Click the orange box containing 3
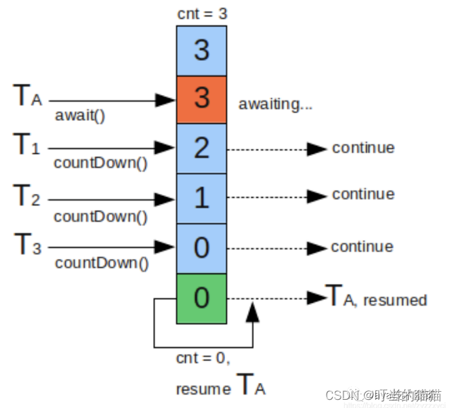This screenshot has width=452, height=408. pyautogui.click(x=201, y=99)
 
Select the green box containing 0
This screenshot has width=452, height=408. pyautogui.click(x=201, y=298)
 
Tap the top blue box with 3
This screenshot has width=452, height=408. pyautogui.click(x=201, y=50)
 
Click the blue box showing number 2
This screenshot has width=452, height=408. pyautogui.click(x=201, y=148)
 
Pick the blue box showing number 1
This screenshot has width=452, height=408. pyautogui.click(x=201, y=199)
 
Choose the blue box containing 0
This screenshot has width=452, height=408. pyautogui.click(x=201, y=248)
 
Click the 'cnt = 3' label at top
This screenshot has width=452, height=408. pyautogui.click(x=201, y=14)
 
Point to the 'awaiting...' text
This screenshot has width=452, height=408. pyautogui.click(x=275, y=104)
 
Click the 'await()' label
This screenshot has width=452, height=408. pyautogui.click(x=80, y=115)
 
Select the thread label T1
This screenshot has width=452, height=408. pyautogui.click(x=26, y=145)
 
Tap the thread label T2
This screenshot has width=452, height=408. pyautogui.click(x=26, y=196)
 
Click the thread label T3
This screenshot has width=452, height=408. pyautogui.click(x=26, y=245)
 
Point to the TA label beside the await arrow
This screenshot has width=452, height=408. pyautogui.click(x=27, y=96)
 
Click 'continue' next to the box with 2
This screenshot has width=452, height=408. pyautogui.click(x=363, y=148)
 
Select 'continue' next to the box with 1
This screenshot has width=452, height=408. pyautogui.click(x=363, y=195)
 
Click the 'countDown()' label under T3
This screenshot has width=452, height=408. pyautogui.click(x=102, y=264)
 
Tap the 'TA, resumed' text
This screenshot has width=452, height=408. pyautogui.click(x=377, y=298)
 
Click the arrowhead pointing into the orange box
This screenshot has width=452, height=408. pyautogui.click(x=166, y=100)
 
